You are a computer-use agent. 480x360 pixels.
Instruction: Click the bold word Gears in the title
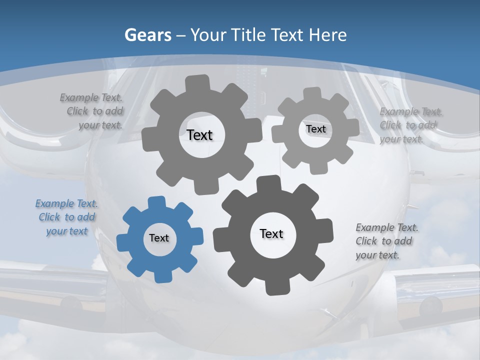point(148,35)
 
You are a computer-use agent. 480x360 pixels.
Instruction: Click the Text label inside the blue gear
point(159,238)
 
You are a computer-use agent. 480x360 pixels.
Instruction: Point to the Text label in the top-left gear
point(199,135)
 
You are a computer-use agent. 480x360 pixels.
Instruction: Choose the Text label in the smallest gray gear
point(316,129)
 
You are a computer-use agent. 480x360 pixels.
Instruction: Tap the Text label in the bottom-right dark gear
point(271,233)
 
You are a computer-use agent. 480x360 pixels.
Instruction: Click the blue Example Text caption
point(67,217)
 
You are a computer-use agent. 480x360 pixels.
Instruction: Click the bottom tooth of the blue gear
point(161,275)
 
